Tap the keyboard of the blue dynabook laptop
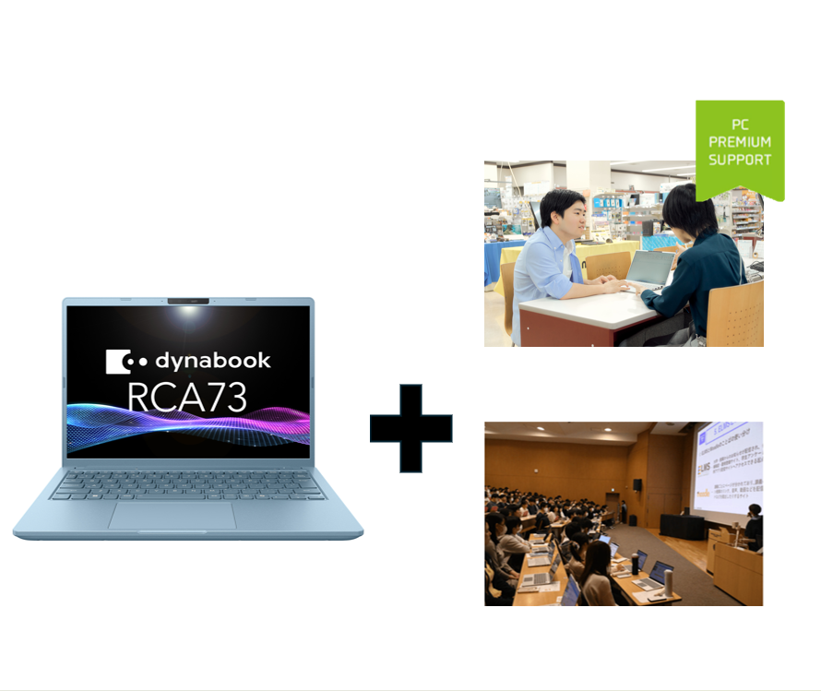(187, 485)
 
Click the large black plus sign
(410, 428)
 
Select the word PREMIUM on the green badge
(740, 141)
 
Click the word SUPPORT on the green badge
(740, 160)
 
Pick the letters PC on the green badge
(740, 124)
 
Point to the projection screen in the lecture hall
(729, 467)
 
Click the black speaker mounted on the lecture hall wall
(637, 484)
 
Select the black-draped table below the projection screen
(682, 526)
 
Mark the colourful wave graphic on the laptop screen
(187, 429)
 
